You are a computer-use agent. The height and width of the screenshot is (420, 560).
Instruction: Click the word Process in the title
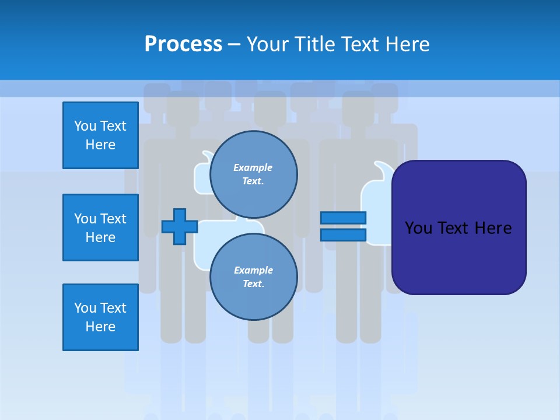pos(183,44)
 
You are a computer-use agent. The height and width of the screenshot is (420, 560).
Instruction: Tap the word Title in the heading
pos(315,44)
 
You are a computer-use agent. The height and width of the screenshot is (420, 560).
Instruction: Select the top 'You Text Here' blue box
pos(100,135)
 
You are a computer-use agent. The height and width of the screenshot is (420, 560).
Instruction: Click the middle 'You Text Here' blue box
pos(100,228)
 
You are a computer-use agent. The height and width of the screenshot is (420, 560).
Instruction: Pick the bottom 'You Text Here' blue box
pos(100,317)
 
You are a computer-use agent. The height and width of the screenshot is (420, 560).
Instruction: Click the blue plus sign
pos(179,226)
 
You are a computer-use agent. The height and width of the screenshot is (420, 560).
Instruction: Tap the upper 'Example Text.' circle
pos(254,174)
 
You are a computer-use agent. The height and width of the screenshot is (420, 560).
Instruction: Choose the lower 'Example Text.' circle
pos(254,277)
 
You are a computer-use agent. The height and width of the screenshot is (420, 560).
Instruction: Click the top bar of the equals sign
pos(343,218)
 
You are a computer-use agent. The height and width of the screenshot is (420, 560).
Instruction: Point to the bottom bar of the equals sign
pos(343,235)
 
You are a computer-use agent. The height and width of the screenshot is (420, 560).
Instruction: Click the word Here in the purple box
pos(494,228)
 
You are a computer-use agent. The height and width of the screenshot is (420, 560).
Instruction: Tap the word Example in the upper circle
pos(253,167)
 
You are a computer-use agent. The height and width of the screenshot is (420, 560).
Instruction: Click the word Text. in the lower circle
pos(253,284)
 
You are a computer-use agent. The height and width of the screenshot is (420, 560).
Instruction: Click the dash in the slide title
pos(234,44)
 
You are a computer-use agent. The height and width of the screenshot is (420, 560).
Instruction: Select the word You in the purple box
pos(418,228)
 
